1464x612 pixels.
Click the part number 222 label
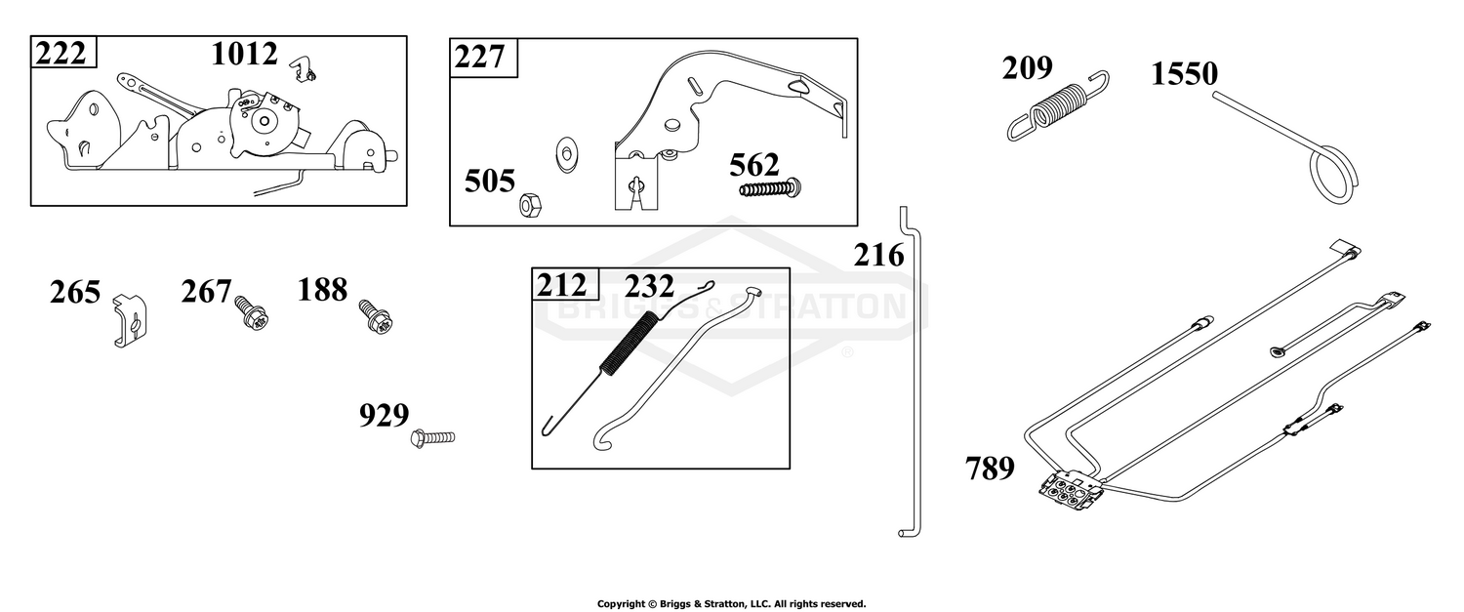coord(61,53)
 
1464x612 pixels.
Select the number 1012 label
coord(244,55)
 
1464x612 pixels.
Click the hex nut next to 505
coord(529,205)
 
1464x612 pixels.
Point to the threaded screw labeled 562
coord(771,188)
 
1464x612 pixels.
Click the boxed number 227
coord(480,57)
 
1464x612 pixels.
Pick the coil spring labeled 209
coord(1057,105)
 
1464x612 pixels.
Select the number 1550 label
coord(1184,74)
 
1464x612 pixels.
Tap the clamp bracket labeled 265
coord(130,319)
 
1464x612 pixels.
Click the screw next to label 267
coord(252,313)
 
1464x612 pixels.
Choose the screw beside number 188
coord(376,315)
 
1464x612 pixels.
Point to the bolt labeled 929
coord(432,436)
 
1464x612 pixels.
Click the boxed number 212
coord(561,285)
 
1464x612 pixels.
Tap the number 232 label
coord(649,286)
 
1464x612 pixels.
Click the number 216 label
coord(879,256)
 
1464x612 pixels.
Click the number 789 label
coord(990,469)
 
